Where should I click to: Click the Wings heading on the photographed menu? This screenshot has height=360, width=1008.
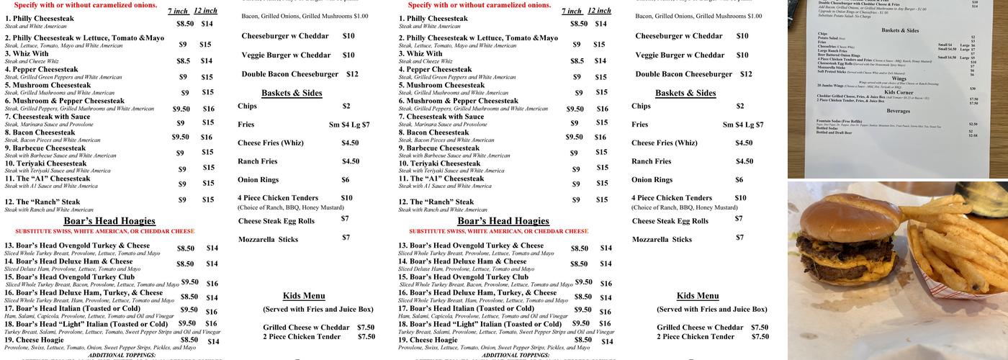click(899, 78)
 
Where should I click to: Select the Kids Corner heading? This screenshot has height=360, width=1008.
click(899, 92)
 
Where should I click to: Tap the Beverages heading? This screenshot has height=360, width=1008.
click(898, 111)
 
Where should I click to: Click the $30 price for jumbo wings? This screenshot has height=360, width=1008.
click(973, 89)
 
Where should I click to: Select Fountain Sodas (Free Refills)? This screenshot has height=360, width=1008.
click(839, 121)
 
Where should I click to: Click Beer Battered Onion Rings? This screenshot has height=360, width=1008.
click(839, 55)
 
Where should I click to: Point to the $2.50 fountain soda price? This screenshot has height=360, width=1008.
click(973, 124)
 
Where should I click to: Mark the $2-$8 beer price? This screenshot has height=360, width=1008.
click(973, 135)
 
